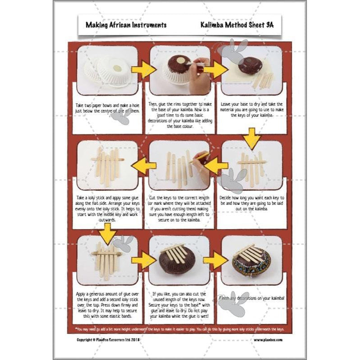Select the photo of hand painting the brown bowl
tap(180, 70)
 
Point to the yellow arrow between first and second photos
tap(143, 70)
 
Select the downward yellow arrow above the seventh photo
tap(107, 233)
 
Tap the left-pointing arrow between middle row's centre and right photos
tap(216, 166)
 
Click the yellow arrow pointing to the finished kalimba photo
tap(215, 261)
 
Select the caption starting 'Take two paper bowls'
tap(107, 108)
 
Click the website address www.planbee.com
tap(268, 340)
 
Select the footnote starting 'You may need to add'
tap(180, 329)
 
